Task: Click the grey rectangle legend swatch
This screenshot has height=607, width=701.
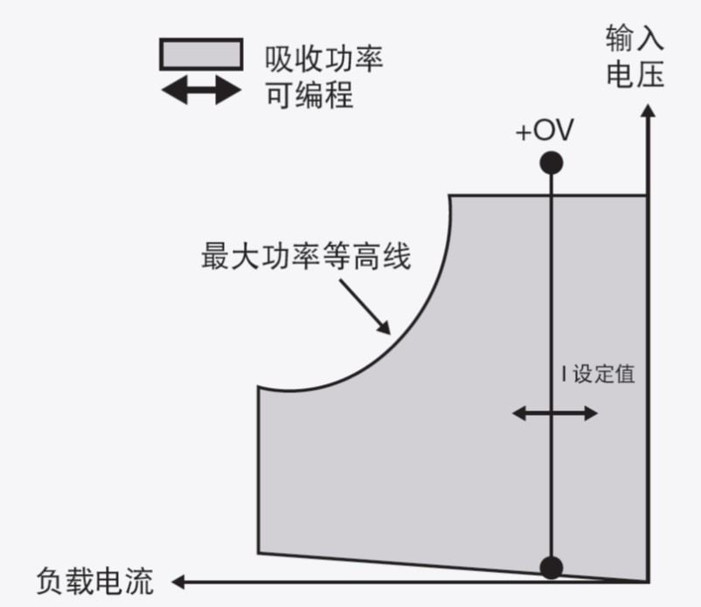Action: tap(200, 54)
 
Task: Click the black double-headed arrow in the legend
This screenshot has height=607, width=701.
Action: tap(201, 90)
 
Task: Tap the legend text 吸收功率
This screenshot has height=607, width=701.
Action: tap(323, 59)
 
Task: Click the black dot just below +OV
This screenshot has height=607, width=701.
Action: tap(551, 162)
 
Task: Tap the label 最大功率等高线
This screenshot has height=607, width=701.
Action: tap(305, 259)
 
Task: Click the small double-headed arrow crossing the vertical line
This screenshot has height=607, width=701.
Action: tap(554, 413)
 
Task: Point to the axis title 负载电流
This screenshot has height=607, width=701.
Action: tap(95, 580)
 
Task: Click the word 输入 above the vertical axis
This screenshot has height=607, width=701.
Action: tap(635, 38)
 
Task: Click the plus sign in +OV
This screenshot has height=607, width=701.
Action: tap(523, 133)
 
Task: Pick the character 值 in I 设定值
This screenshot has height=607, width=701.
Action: tap(624, 376)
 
